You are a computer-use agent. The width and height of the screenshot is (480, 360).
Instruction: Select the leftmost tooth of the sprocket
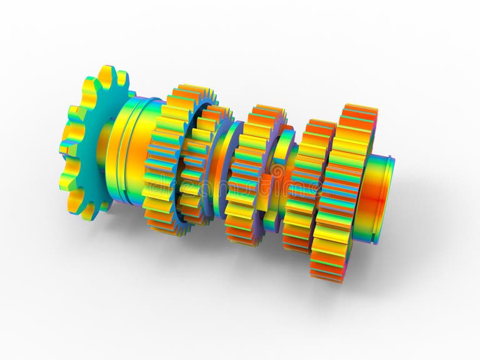[65, 149]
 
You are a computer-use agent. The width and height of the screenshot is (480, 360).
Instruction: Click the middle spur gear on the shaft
[250, 175]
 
